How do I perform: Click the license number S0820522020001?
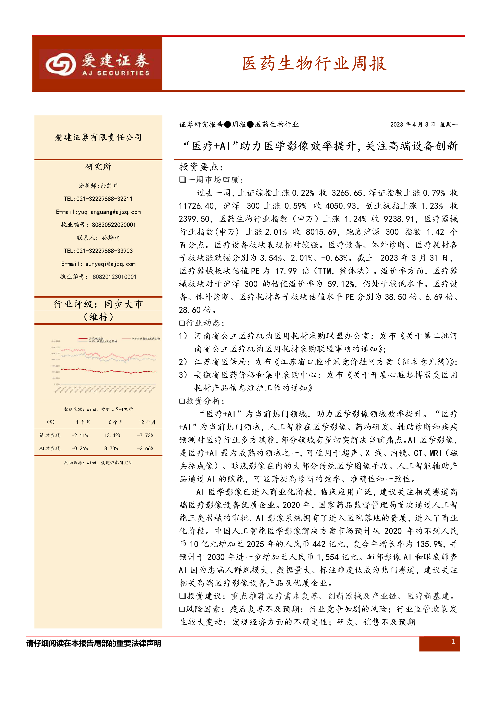click(114, 225)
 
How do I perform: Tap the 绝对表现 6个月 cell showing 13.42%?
click(112, 435)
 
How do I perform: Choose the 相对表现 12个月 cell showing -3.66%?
click(145, 448)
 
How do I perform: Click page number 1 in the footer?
click(453, 641)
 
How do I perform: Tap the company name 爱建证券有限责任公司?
click(98, 138)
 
